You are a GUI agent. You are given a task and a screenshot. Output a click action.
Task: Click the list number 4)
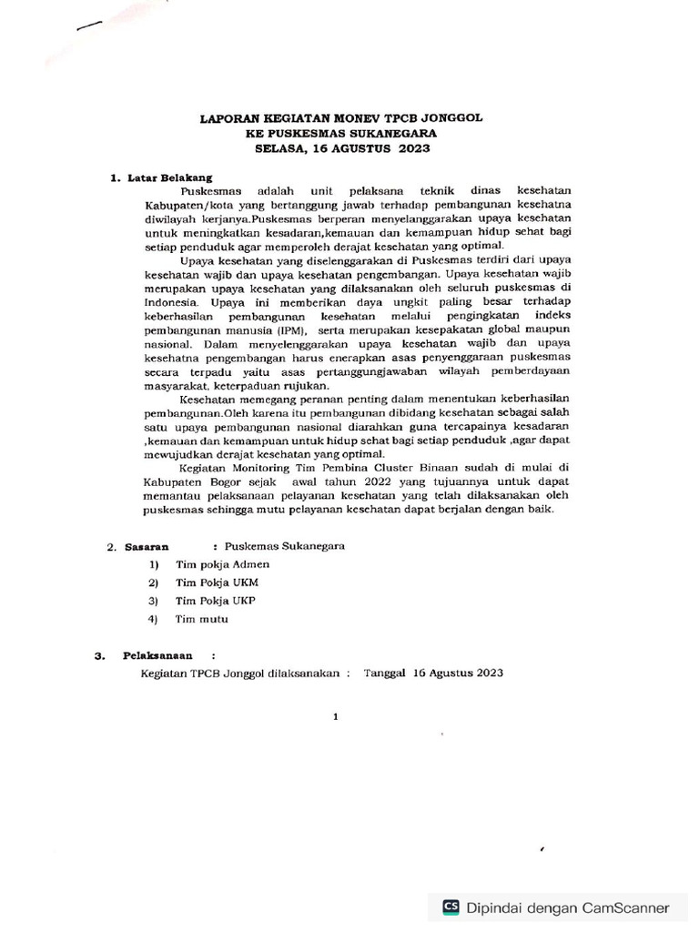pos(154,619)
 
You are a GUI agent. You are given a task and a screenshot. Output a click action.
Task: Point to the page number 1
pos(336,716)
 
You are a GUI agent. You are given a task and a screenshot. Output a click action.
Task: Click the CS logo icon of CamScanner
pos(451,907)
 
